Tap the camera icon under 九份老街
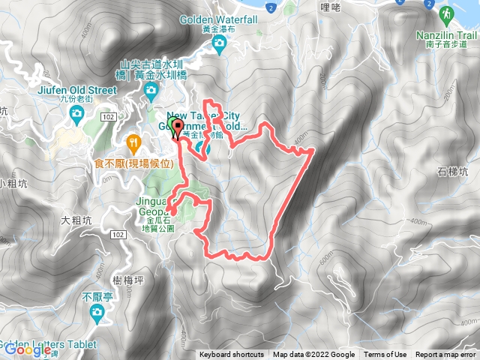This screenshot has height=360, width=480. [x=76, y=113]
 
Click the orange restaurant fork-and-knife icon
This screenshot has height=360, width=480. [x=133, y=140]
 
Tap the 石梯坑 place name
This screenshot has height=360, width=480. [x=454, y=172]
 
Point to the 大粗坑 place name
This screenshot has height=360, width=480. [x=75, y=220]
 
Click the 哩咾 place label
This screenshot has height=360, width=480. [x=329, y=7]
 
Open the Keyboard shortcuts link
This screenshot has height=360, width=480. [x=231, y=355]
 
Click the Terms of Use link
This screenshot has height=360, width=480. [x=385, y=355]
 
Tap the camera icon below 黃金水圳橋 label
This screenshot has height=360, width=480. [x=151, y=93]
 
